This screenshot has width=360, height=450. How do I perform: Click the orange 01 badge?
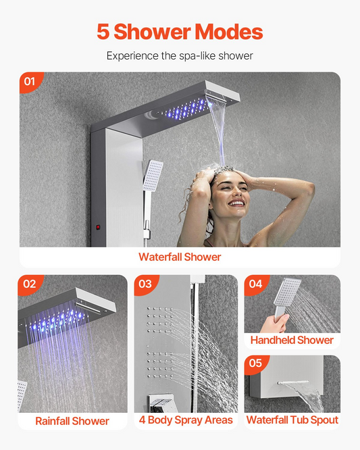click(x=30, y=81)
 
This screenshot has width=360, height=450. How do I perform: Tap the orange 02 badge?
click(x=29, y=284)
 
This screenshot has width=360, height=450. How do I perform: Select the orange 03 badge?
click(x=145, y=284)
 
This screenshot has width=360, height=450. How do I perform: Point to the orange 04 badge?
click(x=255, y=284)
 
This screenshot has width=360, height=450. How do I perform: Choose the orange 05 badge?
click(x=255, y=364)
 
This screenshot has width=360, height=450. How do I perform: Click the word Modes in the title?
click(x=228, y=32)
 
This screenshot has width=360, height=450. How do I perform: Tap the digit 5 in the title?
click(x=103, y=32)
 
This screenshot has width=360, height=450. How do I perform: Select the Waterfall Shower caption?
click(x=180, y=257)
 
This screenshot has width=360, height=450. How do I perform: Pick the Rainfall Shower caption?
click(x=72, y=421)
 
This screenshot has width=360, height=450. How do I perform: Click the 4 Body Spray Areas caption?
click(x=186, y=420)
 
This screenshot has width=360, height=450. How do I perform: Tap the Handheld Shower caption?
click(x=292, y=340)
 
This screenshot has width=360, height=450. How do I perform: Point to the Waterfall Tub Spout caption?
click(x=292, y=420)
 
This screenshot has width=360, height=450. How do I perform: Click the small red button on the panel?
click(x=98, y=227)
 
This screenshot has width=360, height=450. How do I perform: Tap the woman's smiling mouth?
click(x=237, y=203)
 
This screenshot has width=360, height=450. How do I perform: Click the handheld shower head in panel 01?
click(x=153, y=176)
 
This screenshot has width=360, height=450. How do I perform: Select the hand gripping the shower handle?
click(x=275, y=323)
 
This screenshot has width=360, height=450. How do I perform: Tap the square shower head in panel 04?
click(x=288, y=292)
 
